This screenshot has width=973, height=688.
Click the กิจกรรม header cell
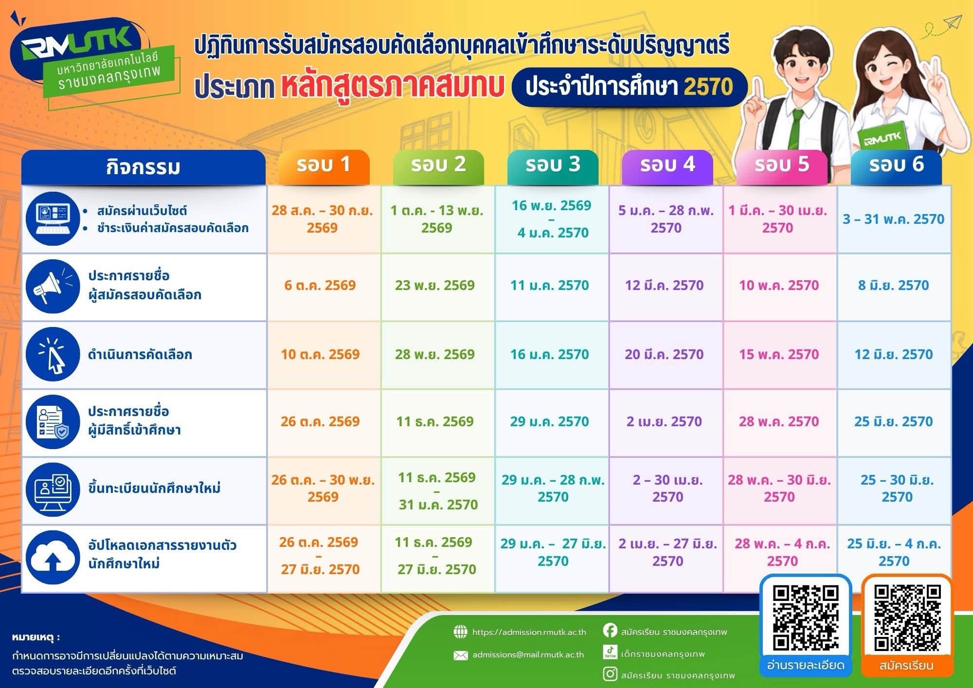(x=144, y=167)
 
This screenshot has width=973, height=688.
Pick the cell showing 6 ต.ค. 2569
(x=320, y=285)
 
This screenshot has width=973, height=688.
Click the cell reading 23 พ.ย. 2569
(x=434, y=285)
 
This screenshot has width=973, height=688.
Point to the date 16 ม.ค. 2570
(x=549, y=354)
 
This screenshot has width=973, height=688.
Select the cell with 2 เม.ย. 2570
(x=664, y=421)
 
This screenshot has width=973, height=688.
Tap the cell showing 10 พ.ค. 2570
(x=779, y=285)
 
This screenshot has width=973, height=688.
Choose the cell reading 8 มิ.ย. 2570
(x=893, y=285)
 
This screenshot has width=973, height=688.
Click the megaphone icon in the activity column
(x=53, y=286)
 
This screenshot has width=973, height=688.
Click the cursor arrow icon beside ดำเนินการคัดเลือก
(x=53, y=354)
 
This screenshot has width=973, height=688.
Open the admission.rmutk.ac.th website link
(x=529, y=632)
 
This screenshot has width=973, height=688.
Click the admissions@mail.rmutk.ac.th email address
(x=528, y=655)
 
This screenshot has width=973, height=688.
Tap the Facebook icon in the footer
(x=610, y=631)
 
